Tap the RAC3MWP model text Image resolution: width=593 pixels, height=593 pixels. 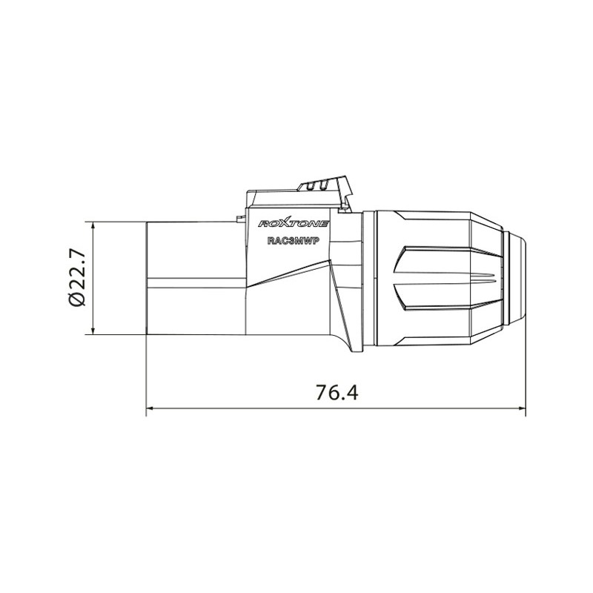pyautogui.click(x=292, y=240)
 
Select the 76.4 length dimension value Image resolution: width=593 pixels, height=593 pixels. pyautogui.click(x=337, y=393)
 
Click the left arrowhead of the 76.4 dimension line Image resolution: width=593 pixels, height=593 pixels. pyautogui.click(x=150, y=408)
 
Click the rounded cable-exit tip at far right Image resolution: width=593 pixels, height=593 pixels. pyautogui.click(x=520, y=278)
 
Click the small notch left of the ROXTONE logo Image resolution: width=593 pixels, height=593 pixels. pyautogui.click(x=241, y=218)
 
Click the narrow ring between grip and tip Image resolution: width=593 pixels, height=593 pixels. pyautogui.click(x=506, y=278)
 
